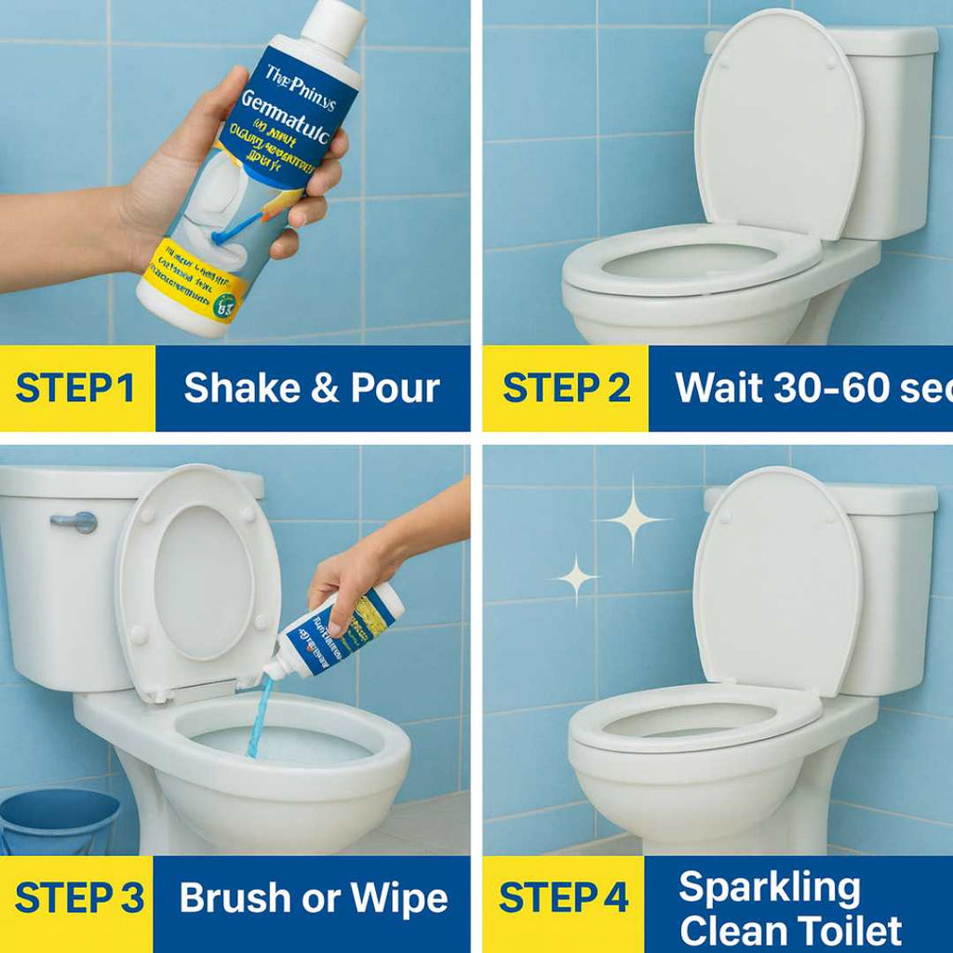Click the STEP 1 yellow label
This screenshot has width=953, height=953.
click(76, 388)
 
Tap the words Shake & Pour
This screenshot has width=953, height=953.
click(312, 388)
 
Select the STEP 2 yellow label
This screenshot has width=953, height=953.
click(566, 388)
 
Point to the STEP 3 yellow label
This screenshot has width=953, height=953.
click(78, 899)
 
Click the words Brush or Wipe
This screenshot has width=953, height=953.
click(314, 899)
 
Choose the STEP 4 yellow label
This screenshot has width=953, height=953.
click(564, 899)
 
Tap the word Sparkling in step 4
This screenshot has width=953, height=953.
click(769, 888)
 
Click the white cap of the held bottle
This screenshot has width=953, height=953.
click(333, 26)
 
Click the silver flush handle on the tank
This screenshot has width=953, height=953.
click(74, 522)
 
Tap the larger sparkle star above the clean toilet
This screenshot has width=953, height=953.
click(633, 518)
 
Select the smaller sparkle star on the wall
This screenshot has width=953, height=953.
click(577, 578)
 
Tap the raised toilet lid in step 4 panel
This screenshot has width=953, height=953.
click(777, 577)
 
